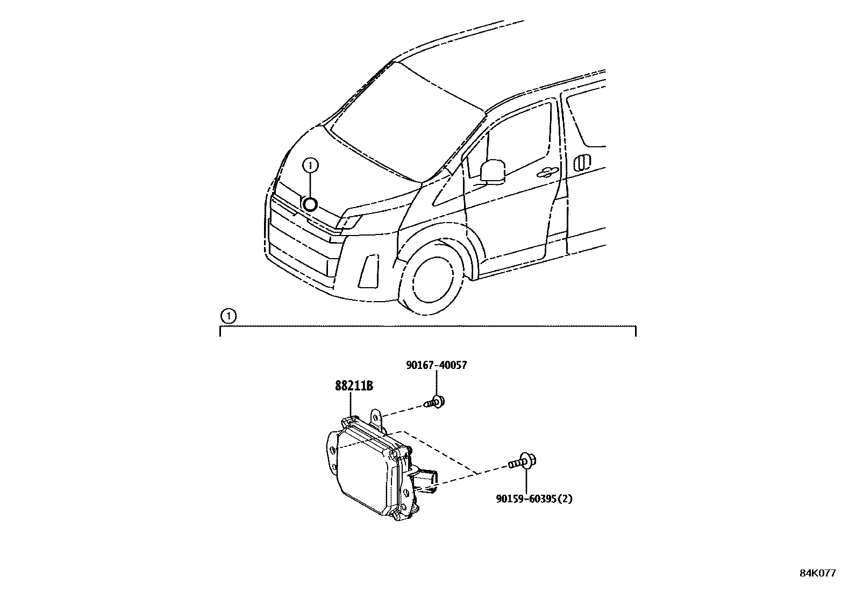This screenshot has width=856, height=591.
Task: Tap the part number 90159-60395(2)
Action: point(534,499)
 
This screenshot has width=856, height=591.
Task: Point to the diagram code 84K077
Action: point(817,573)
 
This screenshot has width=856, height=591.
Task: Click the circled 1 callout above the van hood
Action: point(311,166)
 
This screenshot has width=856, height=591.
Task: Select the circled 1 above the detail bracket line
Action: point(229,316)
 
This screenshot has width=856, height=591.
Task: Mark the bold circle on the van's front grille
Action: point(310,204)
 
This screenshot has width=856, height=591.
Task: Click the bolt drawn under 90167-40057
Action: point(436,401)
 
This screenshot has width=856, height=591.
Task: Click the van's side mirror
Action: point(493,170)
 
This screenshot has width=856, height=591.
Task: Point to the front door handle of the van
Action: point(546,172)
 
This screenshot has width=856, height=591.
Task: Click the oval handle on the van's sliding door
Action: point(582,162)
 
